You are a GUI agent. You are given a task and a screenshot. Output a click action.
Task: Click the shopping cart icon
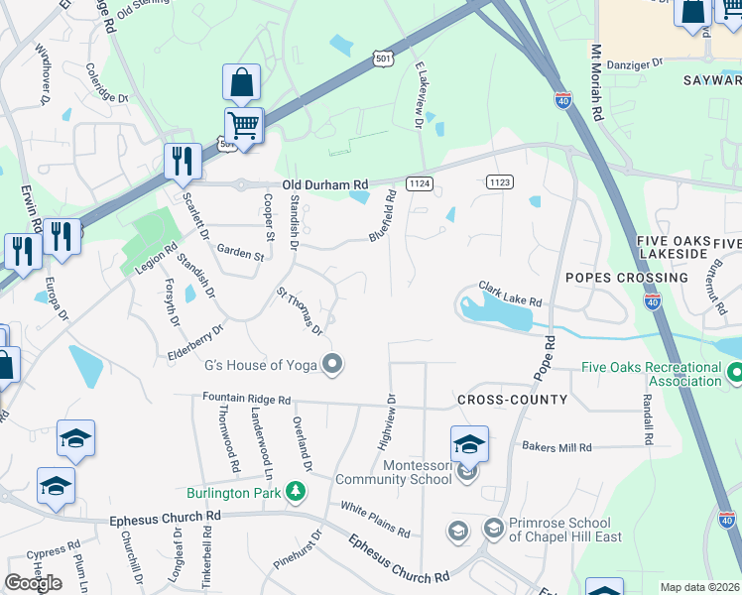point(243,126)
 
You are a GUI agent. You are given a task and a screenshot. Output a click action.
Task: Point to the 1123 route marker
point(499,181)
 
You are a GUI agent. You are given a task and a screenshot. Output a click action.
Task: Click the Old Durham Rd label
point(325,184)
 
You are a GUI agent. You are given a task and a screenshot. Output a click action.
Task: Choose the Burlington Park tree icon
point(295,491)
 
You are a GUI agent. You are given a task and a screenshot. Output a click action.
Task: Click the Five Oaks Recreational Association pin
point(735,374)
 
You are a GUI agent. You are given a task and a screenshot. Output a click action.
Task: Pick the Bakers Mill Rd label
point(556,448)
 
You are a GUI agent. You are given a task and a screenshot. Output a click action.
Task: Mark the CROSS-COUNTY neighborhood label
point(512,400)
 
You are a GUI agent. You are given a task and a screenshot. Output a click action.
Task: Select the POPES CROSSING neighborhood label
point(626,278)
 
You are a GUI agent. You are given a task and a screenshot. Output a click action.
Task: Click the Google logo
point(33,582)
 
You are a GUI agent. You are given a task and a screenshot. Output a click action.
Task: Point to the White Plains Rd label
point(375,519)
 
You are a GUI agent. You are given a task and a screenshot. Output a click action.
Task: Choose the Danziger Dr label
point(636,63)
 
